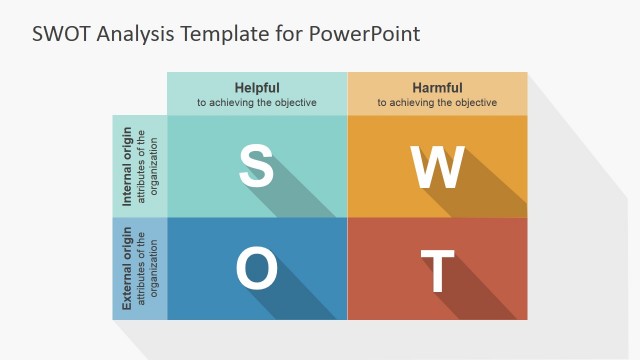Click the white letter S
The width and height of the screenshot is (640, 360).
(x=256, y=167)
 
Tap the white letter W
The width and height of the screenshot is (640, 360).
(x=437, y=167)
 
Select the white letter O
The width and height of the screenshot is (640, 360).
(x=256, y=269)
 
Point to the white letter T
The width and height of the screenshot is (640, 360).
(x=437, y=271)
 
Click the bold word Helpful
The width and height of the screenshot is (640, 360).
(x=257, y=87)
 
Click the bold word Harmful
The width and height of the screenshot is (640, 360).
(x=437, y=87)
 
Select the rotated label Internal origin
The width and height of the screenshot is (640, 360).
(x=127, y=166)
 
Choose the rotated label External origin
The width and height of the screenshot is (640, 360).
(x=127, y=269)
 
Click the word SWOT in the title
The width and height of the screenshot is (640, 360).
(x=60, y=33)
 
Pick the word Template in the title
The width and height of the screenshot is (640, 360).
(x=224, y=33)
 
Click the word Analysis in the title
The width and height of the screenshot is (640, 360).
(x=135, y=33)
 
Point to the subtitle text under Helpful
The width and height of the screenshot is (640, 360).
(x=257, y=102)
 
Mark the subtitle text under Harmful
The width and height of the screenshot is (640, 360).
(x=437, y=102)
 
